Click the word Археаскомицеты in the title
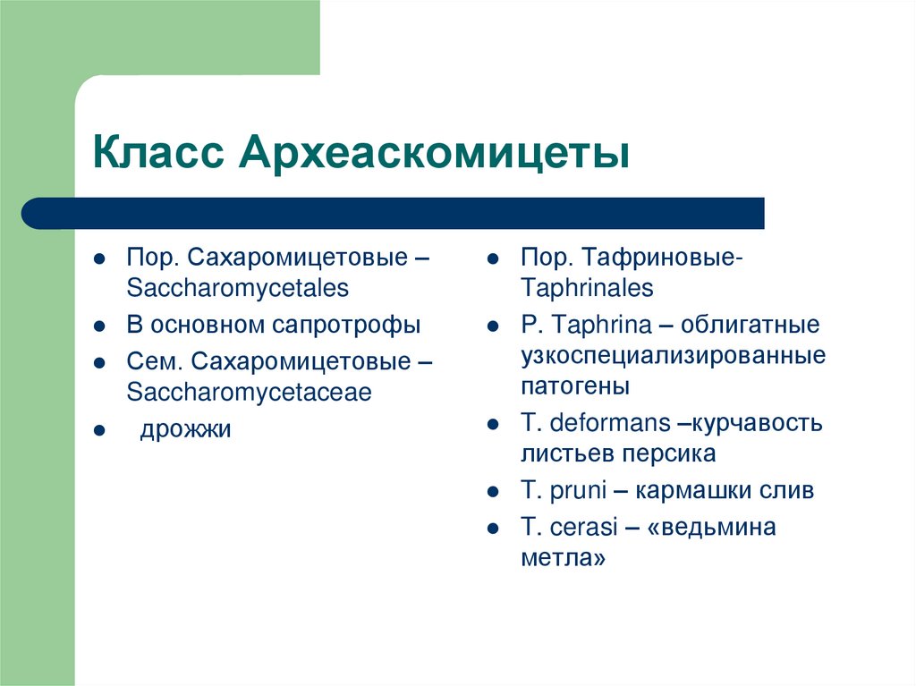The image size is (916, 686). click(433, 154)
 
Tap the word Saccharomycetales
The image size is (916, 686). click(237, 289)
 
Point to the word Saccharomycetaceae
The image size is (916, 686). click(249, 393)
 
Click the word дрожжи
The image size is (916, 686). click(185, 429)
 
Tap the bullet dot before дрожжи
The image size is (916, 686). click(100, 431)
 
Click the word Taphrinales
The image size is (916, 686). click(587, 289)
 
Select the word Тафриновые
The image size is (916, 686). click(669, 258)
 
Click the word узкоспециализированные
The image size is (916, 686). click(673, 355)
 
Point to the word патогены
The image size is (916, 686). click(575, 386)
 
